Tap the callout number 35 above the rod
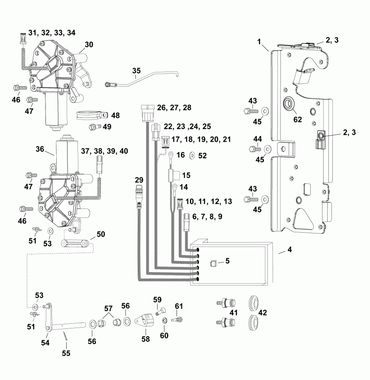pyautogui.click(x=136, y=70)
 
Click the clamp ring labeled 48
pyautogui.click(x=91, y=116)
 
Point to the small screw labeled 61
pyautogui.click(x=177, y=320)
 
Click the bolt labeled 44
pyautogui.click(x=253, y=149)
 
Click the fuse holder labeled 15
pyautogui.click(x=171, y=175)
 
